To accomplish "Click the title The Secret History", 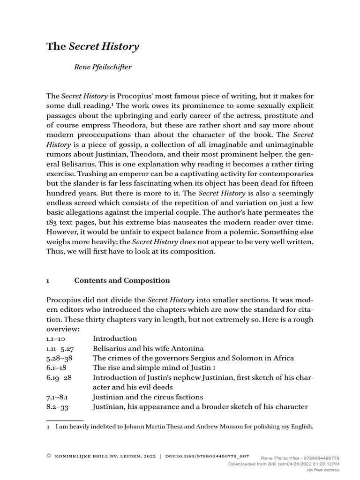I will coord(92,46).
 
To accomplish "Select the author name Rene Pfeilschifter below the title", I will coord(103,67).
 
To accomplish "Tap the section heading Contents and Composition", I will coord(122,281).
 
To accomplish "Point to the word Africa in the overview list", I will coord(282,358).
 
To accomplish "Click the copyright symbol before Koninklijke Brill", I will coord(49,456).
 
